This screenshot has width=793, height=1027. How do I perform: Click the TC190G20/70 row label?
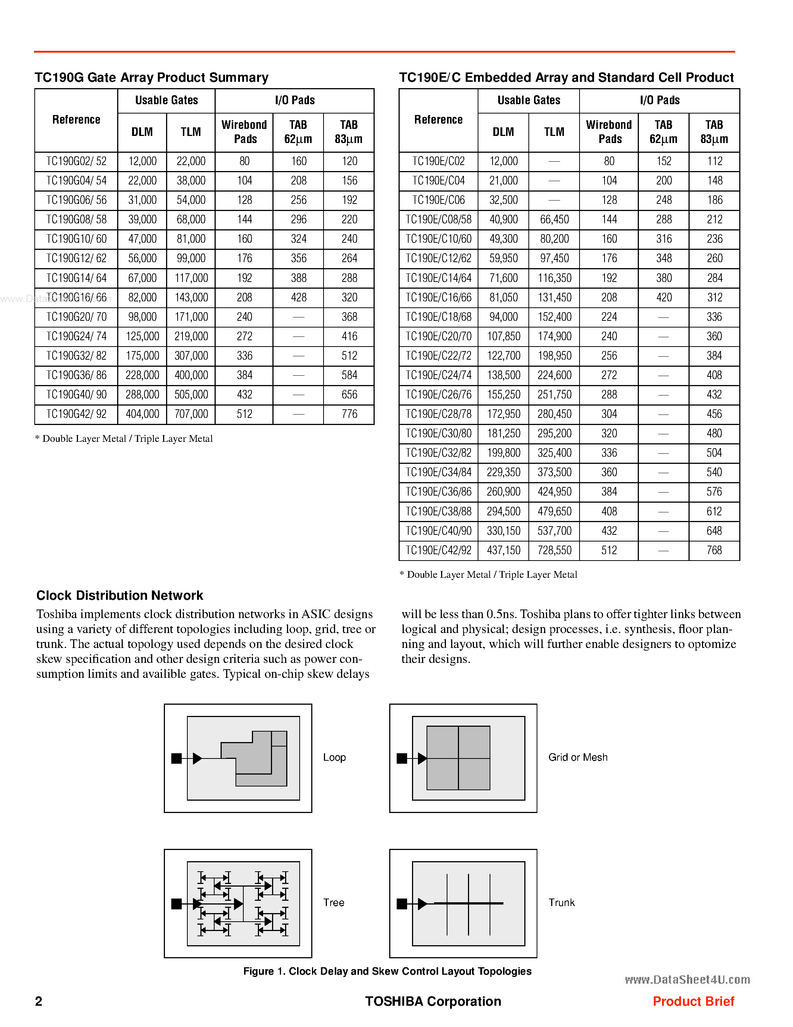point(76,317)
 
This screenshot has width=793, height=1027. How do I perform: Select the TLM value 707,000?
point(191,414)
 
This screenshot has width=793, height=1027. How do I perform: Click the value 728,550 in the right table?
point(554,550)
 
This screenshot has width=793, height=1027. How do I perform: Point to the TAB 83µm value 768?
point(714,550)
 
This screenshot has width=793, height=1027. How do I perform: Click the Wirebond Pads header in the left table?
point(244,132)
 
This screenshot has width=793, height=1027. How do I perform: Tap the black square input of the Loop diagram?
point(177,758)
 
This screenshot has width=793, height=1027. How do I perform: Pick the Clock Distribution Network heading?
point(120,596)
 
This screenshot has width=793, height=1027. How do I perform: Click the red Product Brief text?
point(693,1002)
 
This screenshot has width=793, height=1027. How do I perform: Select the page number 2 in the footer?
point(38,1002)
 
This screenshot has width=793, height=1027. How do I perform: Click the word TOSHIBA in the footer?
point(394,1002)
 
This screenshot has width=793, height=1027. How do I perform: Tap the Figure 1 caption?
point(387,971)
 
